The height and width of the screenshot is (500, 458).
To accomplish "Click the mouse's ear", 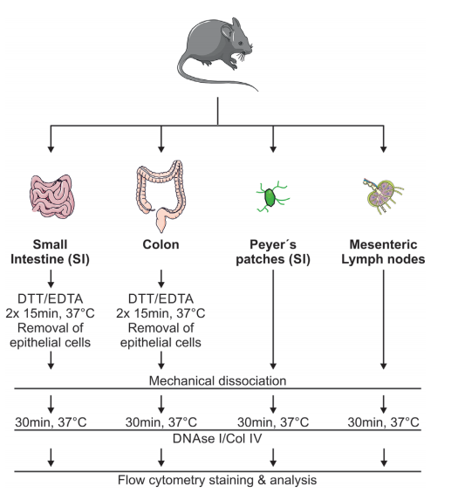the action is (228, 32).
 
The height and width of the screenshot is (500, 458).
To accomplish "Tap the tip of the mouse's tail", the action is (257, 91).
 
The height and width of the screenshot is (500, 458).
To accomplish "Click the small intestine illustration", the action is (52, 196).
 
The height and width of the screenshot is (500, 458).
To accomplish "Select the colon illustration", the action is (161, 195).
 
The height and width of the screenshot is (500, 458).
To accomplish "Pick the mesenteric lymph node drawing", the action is (383, 196).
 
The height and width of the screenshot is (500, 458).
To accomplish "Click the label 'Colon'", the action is (161, 244).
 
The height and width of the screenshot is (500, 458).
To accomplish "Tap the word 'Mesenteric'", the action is (383, 244).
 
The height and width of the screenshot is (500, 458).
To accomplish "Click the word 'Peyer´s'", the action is (273, 244).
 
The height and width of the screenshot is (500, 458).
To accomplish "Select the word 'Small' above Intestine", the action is (50, 244).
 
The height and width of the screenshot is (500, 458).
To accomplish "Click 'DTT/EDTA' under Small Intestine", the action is (50, 298).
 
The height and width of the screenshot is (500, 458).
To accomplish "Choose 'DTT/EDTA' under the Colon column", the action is (161, 298).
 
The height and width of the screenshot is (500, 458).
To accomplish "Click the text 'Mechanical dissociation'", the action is (218, 380).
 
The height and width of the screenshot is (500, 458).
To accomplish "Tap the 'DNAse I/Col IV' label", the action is (217, 438).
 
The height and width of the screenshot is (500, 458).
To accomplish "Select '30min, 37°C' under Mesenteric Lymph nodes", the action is (383, 422).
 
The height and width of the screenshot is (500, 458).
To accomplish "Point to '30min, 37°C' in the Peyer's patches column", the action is (273, 422).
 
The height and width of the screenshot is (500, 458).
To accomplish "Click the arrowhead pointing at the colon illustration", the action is (161, 149).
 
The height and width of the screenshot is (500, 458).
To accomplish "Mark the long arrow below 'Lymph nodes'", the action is (384, 319).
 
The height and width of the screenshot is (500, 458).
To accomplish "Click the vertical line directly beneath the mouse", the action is (218, 111).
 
